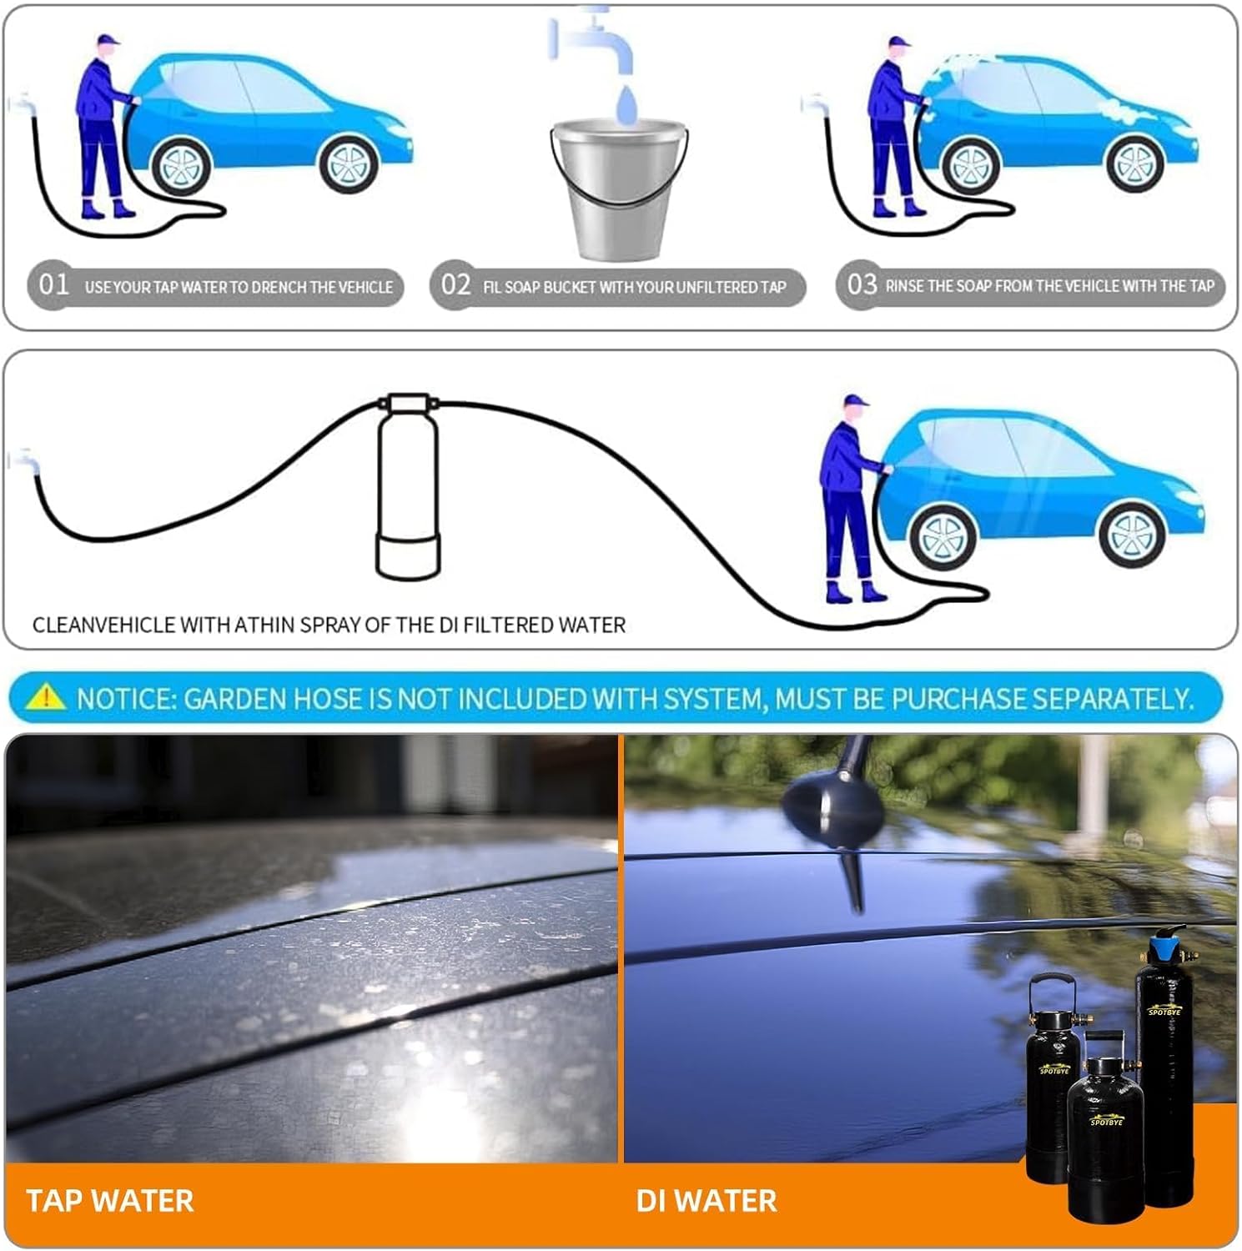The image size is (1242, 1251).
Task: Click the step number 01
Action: point(53,285)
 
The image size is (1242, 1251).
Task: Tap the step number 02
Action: point(455,285)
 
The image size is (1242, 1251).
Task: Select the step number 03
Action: point(862,285)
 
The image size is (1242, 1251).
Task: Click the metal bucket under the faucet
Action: point(619,188)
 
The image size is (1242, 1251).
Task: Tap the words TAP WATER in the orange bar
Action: point(109,1201)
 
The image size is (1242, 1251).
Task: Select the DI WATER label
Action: point(706,1201)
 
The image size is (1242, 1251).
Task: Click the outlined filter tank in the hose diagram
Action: point(407,488)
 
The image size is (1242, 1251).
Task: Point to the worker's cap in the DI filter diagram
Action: point(853,401)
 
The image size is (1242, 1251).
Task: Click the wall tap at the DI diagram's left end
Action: point(23,460)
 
